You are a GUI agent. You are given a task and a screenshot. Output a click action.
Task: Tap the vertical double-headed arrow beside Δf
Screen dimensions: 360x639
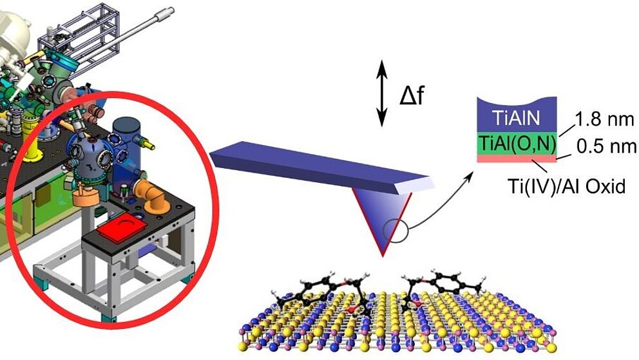(381, 93)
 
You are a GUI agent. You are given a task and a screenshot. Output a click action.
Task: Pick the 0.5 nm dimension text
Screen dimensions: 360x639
(606, 147)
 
